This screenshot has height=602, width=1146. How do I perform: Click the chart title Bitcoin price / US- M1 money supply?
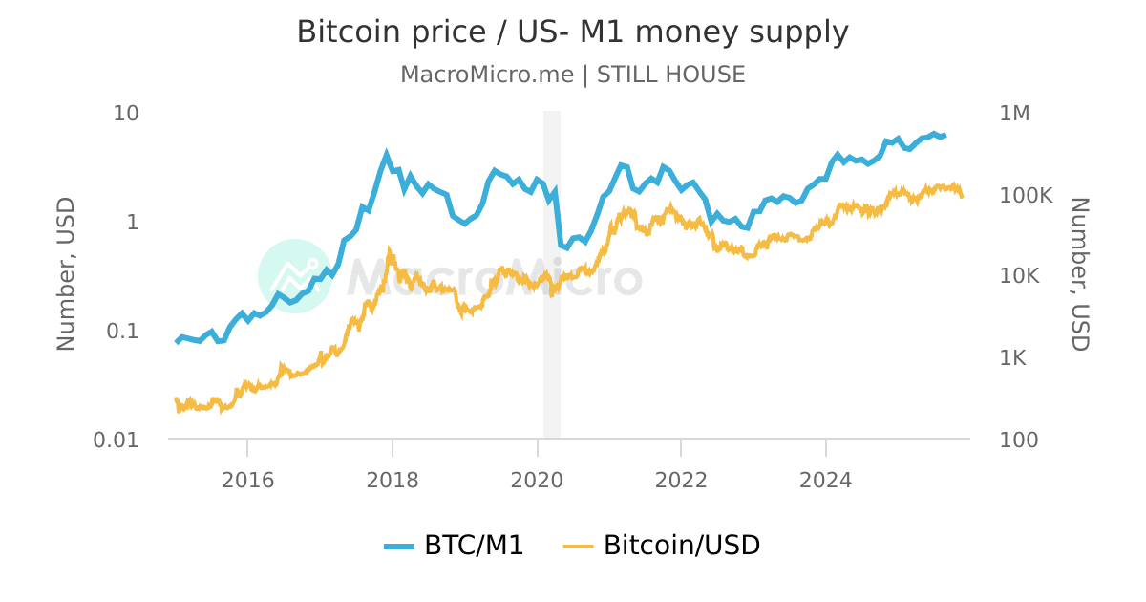[x=572, y=32]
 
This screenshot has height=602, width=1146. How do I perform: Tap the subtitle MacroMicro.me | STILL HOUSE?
[x=572, y=75]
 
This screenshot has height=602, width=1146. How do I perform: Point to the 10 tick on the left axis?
[x=126, y=113]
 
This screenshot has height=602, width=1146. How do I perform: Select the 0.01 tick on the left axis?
[x=114, y=440]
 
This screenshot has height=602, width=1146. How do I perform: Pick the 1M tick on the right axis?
[x=1014, y=113]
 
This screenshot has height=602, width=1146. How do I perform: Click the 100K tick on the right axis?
[x=1026, y=195]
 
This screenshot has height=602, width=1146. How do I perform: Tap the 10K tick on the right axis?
[x=1020, y=276]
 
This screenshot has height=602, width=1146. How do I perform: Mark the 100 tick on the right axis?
[x=1018, y=440]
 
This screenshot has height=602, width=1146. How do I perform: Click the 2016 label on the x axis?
[x=247, y=480]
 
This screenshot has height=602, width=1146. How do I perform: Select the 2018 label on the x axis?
[x=393, y=480]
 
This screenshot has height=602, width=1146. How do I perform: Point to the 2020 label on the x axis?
[x=537, y=480]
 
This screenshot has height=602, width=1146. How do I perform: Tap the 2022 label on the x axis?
[x=681, y=480]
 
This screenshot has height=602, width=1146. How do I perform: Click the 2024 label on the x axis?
[x=826, y=480]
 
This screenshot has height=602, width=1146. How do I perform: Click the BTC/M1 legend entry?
[x=455, y=546]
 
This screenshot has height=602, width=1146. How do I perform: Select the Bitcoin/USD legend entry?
[x=663, y=546]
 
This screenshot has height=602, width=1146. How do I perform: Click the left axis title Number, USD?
[x=66, y=275]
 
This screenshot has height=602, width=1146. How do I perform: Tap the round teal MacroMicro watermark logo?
[x=294, y=276]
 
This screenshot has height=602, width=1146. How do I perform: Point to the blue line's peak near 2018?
[x=387, y=154]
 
